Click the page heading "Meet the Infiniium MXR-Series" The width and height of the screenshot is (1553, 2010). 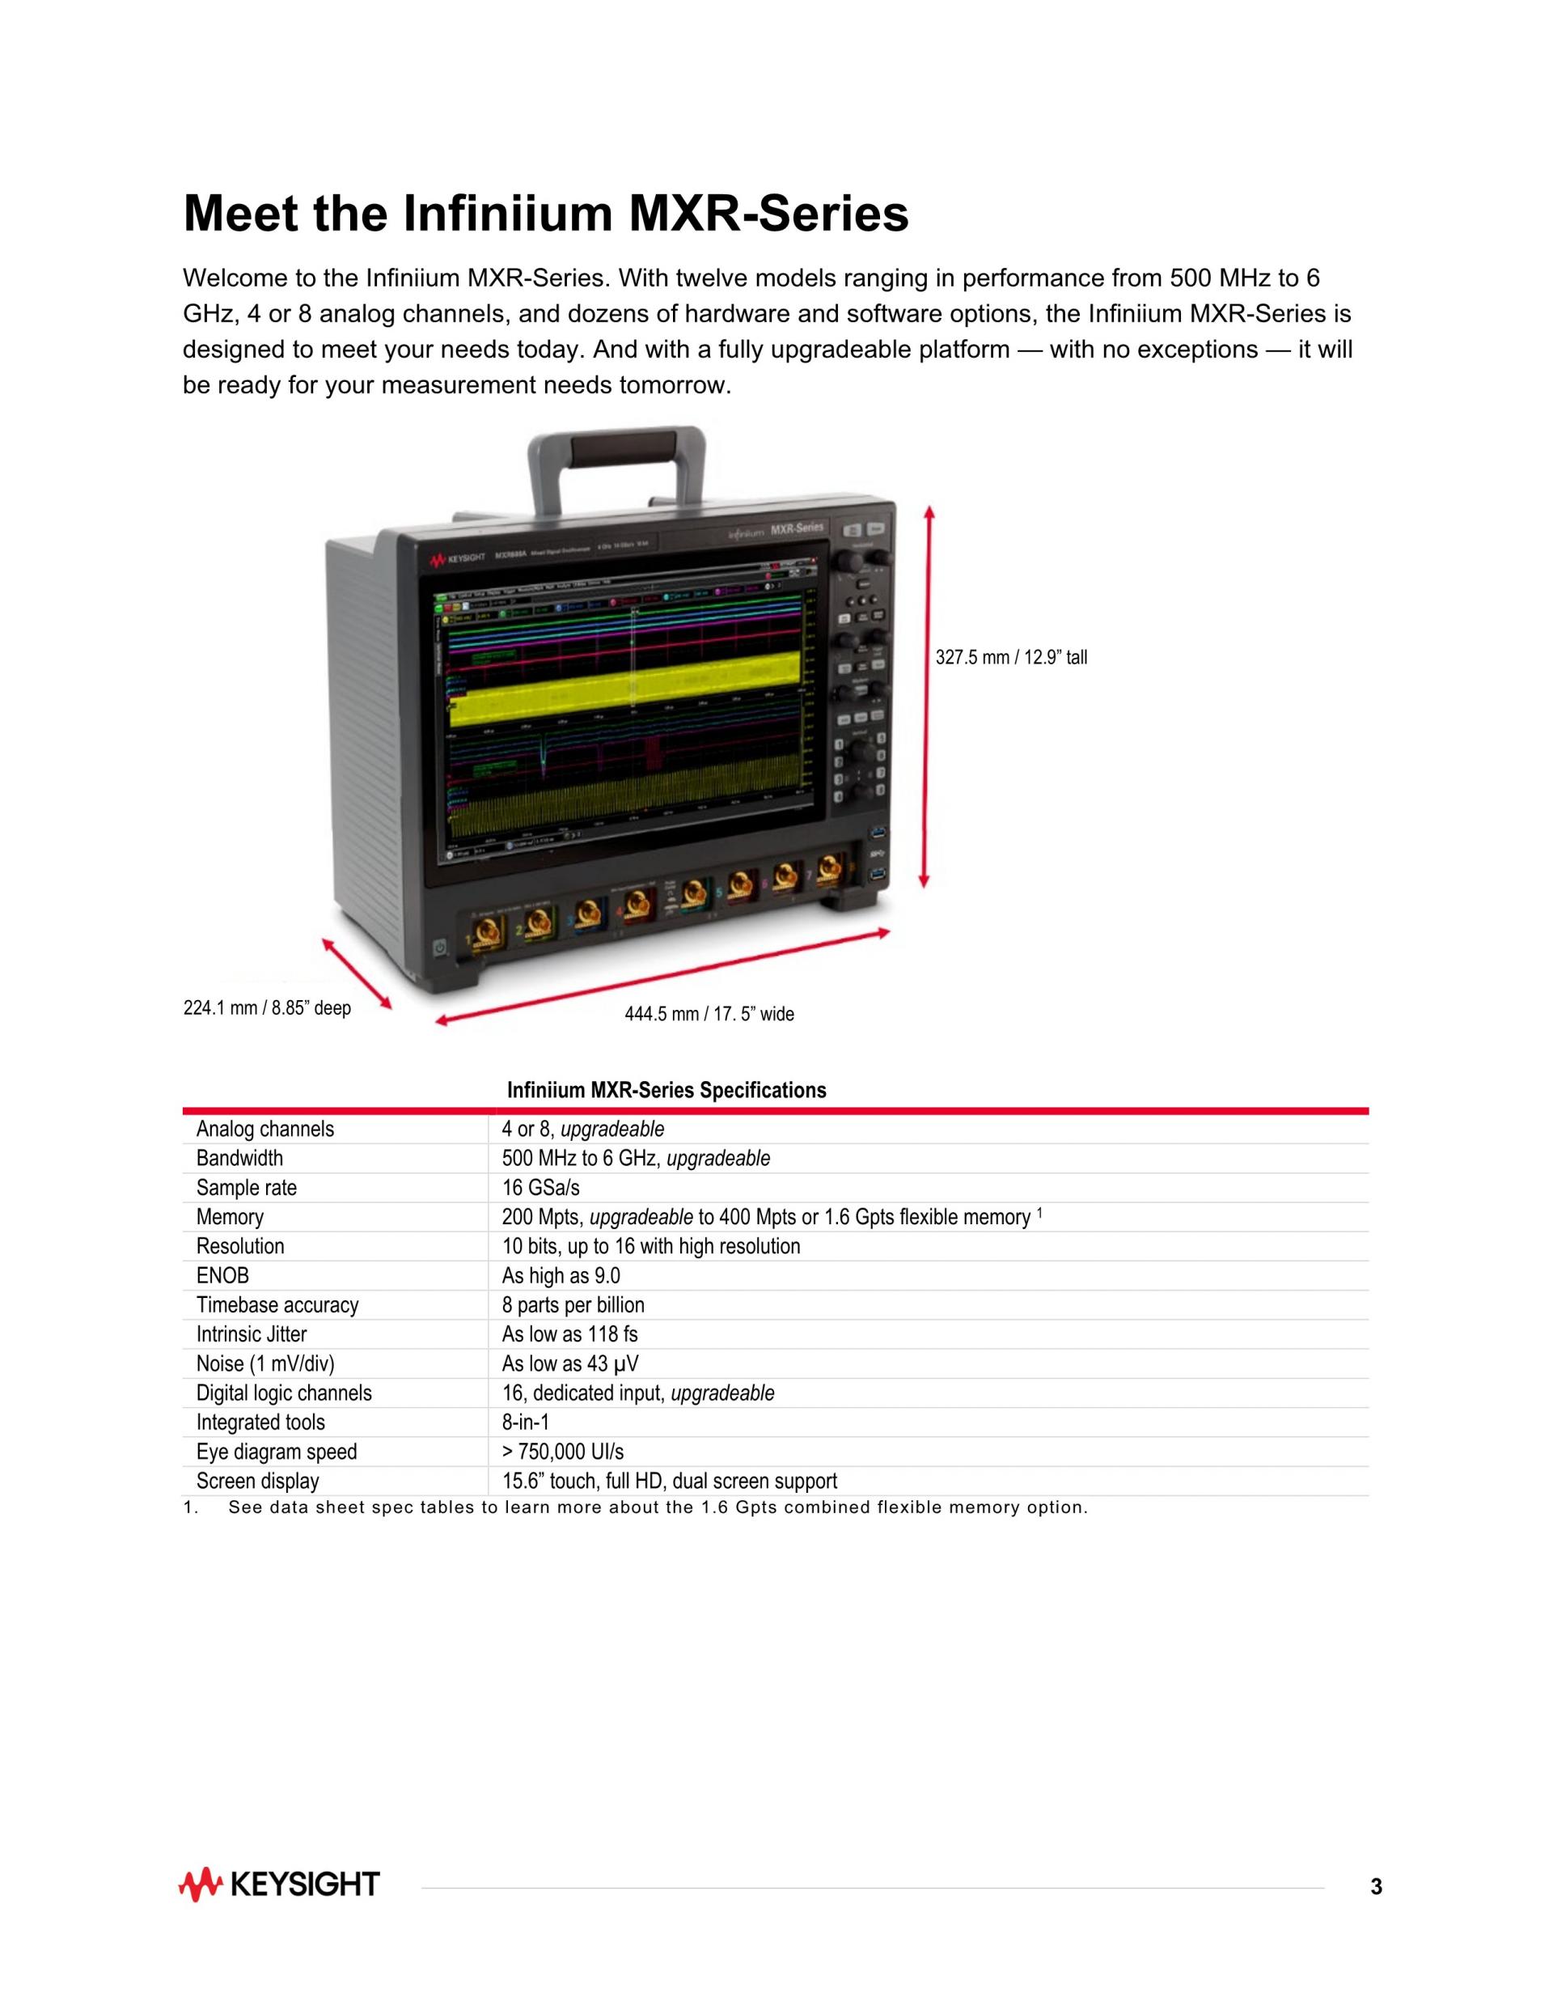pos(546,214)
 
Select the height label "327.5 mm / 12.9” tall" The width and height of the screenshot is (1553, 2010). pos(1011,657)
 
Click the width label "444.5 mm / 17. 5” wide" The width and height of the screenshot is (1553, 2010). pos(709,1014)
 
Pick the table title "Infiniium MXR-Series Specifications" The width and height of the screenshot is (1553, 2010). pos(666,1091)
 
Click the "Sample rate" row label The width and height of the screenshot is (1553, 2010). pos(247,1188)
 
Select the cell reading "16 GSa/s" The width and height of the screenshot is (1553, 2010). pos(541,1188)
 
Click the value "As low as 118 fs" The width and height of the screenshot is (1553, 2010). pos(569,1334)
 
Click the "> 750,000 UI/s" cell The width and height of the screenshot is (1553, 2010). pos(562,1452)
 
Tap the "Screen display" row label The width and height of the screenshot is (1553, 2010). pos(257,1481)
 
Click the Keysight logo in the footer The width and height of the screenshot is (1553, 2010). pos(280,1885)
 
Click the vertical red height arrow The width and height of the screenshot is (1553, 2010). pos(929,697)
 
